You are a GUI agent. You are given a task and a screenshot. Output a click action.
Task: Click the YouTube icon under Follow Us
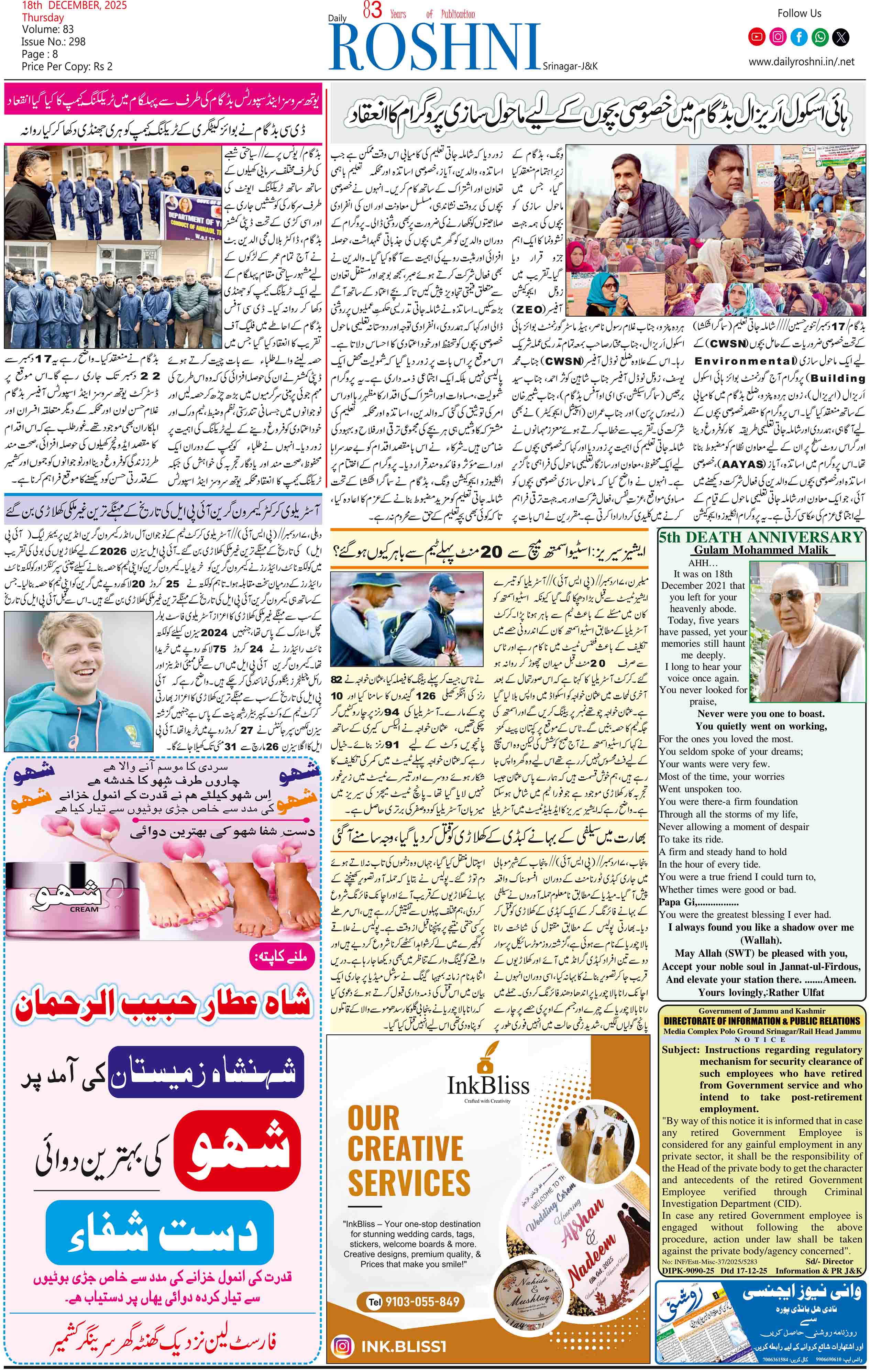(x=757, y=37)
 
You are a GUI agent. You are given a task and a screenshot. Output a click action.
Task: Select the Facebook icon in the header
(x=799, y=37)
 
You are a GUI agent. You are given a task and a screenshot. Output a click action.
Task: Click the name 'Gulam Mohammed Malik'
(x=761, y=550)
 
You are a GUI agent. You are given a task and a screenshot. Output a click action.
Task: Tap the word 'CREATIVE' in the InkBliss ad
(x=405, y=1148)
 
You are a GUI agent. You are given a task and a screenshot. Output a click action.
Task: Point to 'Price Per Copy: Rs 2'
(x=67, y=67)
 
